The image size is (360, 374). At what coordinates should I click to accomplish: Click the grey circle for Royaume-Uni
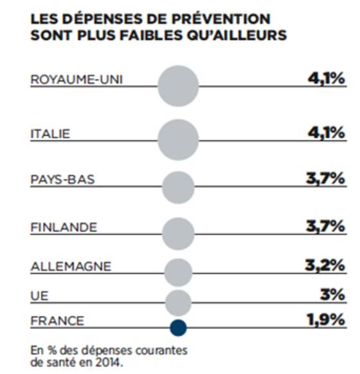click(x=178, y=86)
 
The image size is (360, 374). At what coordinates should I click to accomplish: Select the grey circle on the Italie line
click(x=178, y=140)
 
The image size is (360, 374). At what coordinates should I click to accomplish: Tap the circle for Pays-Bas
click(x=178, y=187)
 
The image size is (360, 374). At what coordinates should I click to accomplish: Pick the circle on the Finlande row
click(x=178, y=234)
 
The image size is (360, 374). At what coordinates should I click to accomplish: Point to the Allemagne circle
click(x=178, y=272)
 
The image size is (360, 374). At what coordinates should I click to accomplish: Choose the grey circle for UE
click(x=178, y=303)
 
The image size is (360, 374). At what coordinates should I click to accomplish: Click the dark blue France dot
click(x=178, y=328)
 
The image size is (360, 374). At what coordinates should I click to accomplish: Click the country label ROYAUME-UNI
click(x=76, y=79)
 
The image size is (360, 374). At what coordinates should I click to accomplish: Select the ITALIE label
click(x=50, y=134)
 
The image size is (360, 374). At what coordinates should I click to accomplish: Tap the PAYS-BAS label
click(x=62, y=180)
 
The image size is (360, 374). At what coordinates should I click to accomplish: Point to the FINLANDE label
click(x=64, y=227)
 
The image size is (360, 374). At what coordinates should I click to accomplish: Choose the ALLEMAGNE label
click(x=71, y=266)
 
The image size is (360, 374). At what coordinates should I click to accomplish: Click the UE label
click(x=39, y=296)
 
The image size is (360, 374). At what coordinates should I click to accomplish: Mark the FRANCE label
click(x=57, y=321)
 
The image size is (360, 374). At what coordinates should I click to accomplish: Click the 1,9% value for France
click(x=326, y=320)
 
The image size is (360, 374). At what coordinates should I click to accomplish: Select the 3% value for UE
click(x=332, y=295)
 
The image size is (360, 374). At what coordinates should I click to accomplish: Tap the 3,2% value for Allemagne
click(x=325, y=265)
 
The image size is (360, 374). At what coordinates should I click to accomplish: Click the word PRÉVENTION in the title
click(x=221, y=19)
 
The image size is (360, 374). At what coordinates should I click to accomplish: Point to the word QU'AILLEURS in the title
click(x=237, y=35)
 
